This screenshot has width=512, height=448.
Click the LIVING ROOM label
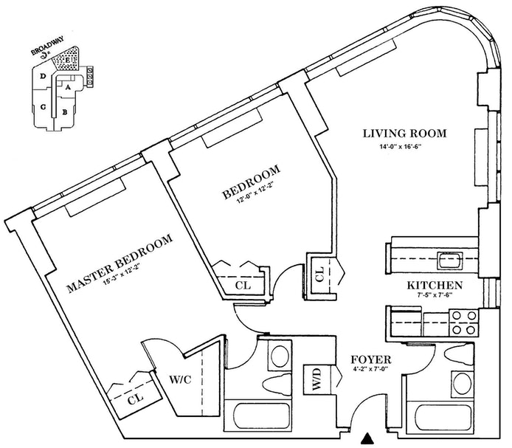404,134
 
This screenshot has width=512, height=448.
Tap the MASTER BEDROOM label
120,263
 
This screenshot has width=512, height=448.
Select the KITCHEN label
435,286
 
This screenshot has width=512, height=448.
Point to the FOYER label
371,359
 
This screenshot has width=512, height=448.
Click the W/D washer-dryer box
317,379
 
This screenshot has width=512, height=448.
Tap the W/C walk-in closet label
180,379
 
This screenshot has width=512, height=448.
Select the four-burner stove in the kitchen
463,323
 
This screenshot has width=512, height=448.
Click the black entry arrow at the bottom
367,438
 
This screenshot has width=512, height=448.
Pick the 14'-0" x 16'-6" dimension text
401,147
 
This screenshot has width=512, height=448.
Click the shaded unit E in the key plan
67,60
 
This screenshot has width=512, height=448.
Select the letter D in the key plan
43,77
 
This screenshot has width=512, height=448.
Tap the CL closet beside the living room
320,275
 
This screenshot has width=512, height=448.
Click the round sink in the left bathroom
280,356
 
